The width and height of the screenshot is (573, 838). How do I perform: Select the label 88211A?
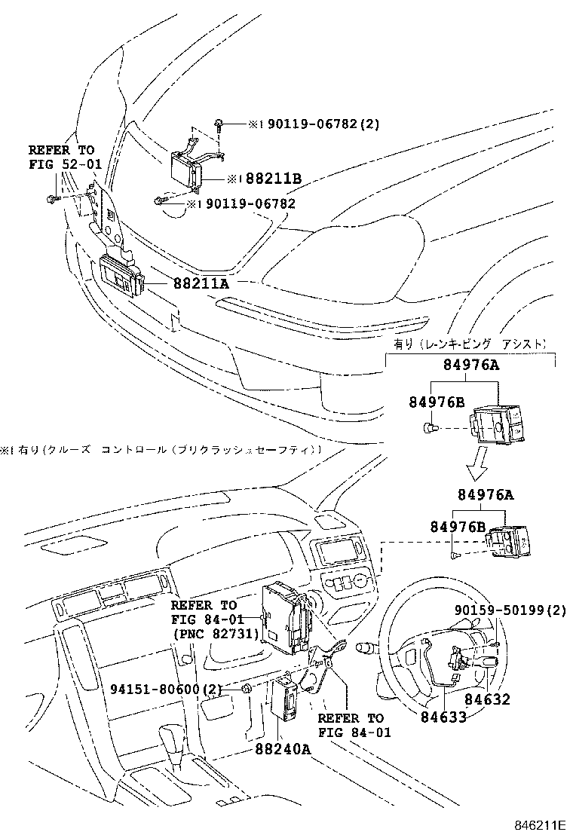coord(201,283)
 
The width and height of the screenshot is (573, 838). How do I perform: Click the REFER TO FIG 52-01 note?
coord(63,157)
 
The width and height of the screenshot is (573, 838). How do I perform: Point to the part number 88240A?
coord(283,749)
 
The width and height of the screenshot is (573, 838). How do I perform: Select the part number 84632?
coord(486,699)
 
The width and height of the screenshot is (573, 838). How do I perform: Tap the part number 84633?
coord(443,716)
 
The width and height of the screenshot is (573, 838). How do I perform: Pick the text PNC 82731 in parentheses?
coord(216,634)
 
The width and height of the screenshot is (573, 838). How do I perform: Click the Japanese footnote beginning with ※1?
coord(162,450)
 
